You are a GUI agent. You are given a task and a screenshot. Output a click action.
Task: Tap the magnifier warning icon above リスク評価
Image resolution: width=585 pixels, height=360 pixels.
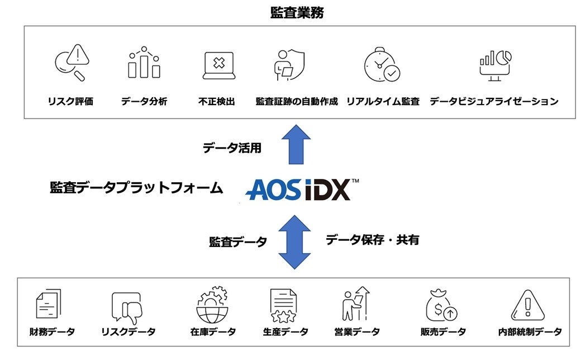72,62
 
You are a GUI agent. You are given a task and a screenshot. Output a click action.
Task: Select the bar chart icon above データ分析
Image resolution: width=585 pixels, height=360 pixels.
144,63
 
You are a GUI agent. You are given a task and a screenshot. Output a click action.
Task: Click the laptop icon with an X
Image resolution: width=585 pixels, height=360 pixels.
218,65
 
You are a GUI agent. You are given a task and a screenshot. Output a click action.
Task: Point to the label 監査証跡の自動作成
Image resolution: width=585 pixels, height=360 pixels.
297,101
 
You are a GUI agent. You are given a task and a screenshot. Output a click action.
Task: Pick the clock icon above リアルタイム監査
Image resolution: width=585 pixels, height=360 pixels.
382,64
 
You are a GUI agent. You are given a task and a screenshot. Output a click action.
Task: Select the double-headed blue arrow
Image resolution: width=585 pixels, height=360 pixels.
293,241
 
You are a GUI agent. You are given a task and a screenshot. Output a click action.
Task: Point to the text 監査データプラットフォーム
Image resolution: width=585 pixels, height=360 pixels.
137,188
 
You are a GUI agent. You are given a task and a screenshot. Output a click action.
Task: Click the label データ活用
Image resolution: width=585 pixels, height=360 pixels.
232,148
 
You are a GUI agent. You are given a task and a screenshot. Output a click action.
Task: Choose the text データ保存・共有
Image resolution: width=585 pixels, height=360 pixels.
372,240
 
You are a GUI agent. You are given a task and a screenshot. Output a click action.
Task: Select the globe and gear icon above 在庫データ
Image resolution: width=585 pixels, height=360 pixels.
212,305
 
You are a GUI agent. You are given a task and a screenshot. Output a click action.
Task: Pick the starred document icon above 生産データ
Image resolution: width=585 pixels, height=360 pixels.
283,306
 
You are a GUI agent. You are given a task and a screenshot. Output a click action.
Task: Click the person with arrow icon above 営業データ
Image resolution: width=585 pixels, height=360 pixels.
355,304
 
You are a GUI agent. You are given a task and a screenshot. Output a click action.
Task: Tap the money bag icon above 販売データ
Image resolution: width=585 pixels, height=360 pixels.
441,306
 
